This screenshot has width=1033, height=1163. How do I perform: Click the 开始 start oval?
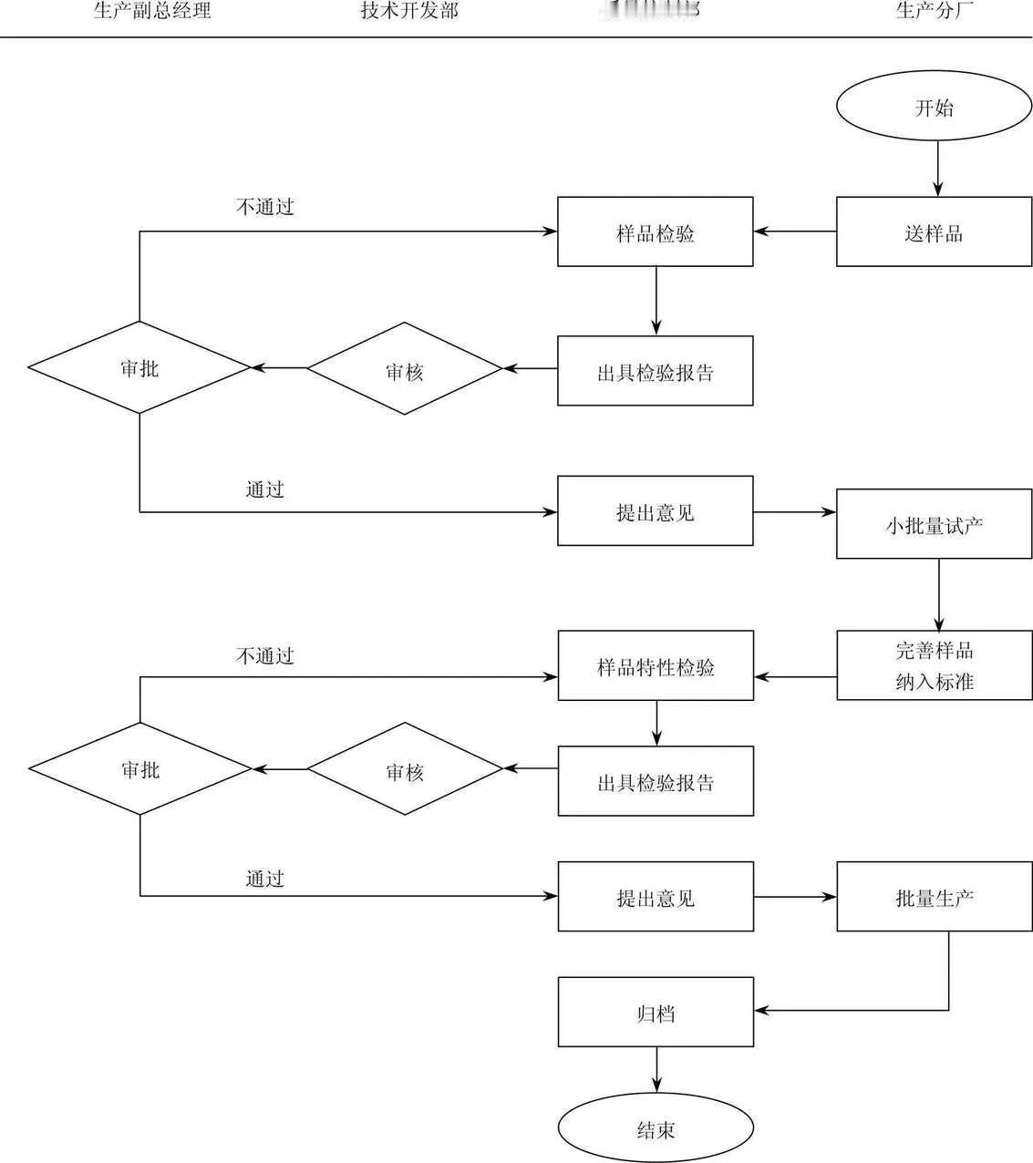[934, 108]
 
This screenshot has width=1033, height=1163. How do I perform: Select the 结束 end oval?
[655, 1129]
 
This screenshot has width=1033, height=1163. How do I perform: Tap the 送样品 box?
[934, 232]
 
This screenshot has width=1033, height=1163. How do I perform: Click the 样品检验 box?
[655, 232]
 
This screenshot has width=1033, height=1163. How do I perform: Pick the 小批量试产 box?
[934, 524]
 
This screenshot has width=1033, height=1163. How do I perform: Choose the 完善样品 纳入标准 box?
[934, 665]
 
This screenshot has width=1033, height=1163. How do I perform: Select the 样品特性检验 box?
[655, 666]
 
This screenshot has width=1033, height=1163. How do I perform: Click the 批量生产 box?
[934, 897]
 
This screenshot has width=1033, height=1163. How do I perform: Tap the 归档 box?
[655, 1012]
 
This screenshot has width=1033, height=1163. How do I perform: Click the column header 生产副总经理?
[152, 11]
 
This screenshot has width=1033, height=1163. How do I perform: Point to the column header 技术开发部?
[409, 11]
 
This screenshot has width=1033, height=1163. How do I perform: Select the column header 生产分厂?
[934, 11]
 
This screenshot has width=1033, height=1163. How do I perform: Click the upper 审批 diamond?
[139, 367]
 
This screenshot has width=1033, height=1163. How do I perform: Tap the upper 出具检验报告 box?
[655, 371]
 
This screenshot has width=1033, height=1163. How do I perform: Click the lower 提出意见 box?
[655, 897]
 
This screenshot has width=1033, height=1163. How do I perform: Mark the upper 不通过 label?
[264, 207]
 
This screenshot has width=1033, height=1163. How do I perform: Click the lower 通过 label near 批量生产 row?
[264, 879]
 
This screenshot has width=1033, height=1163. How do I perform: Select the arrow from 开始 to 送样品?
[937, 170]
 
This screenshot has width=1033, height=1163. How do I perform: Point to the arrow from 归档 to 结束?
[656, 1070]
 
